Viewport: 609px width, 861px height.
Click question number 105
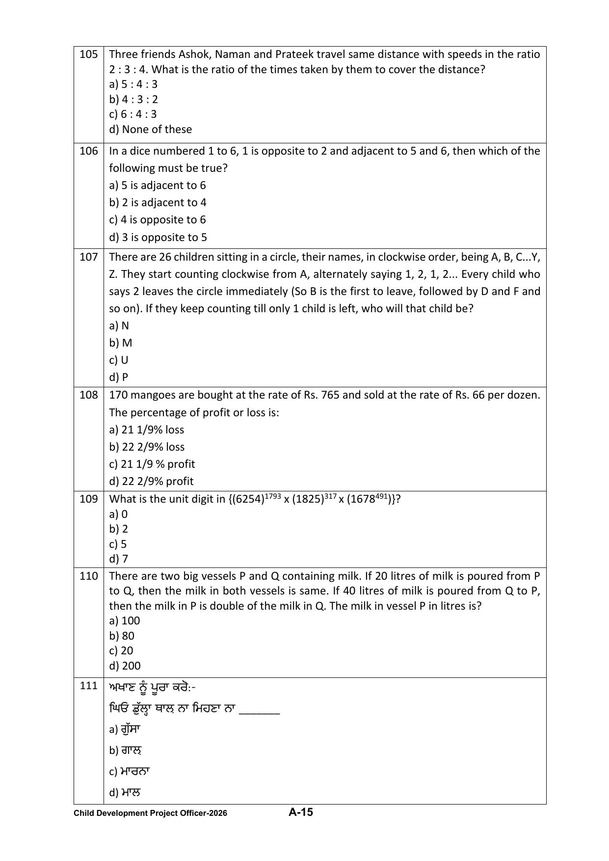[x=88, y=54]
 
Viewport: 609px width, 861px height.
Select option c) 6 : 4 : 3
[x=133, y=114]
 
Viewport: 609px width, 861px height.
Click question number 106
[x=88, y=151]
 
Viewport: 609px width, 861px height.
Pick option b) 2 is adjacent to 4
[x=158, y=202]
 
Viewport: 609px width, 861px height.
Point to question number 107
[x=88, y=257]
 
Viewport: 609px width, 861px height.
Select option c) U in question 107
[x=119, y=360]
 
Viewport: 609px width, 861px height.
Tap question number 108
[x=88, y=395]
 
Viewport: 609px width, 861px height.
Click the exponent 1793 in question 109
[x=273, y=496]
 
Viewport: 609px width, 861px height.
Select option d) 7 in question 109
[x=119, y=559]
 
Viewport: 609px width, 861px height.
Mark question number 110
[x=88, y=576]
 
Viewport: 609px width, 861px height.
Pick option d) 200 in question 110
[x=125, y=666]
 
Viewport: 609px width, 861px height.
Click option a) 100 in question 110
[x=125, y=620]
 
